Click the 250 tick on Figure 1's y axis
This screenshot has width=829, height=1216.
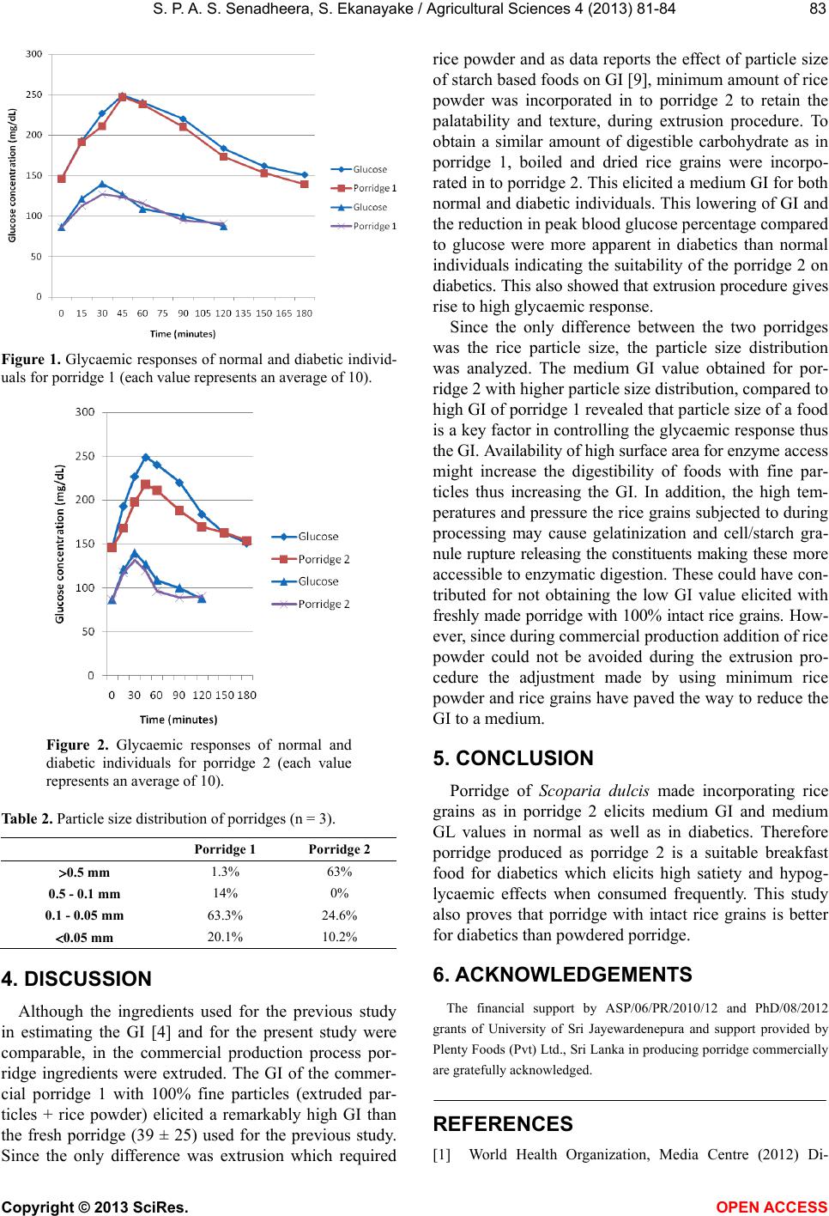point(34,94)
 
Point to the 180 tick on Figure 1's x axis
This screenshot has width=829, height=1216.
point(304,313)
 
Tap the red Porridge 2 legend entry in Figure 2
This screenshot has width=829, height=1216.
point(324,559)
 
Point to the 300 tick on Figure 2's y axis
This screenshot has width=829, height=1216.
point(86,412)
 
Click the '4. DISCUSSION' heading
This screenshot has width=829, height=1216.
point(77,978)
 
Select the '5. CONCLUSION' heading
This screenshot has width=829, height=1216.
point(513,758)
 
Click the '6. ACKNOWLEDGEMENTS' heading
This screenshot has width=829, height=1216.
point(562,975)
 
